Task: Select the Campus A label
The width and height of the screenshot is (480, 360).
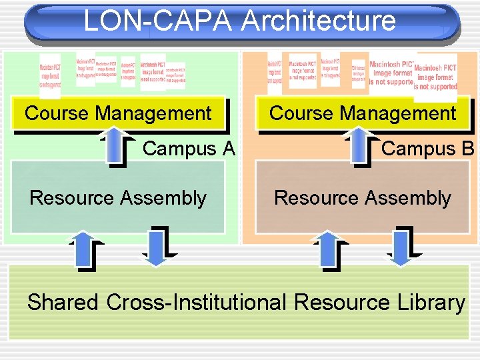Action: pos(189,148)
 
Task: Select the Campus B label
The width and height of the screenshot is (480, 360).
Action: pos(427,148)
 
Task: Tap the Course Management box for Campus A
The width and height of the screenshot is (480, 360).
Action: pos(118,113)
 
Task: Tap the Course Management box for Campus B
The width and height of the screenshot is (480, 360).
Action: pos(363,113)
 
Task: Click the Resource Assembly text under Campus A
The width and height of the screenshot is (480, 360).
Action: pos(118,198)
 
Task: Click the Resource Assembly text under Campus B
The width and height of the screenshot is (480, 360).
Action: pos(363,198)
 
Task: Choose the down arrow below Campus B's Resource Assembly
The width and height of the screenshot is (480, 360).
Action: pos(399,247)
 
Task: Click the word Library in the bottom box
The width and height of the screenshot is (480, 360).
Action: pos(428,303)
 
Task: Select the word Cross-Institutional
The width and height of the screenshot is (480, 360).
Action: pos(197,303)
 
